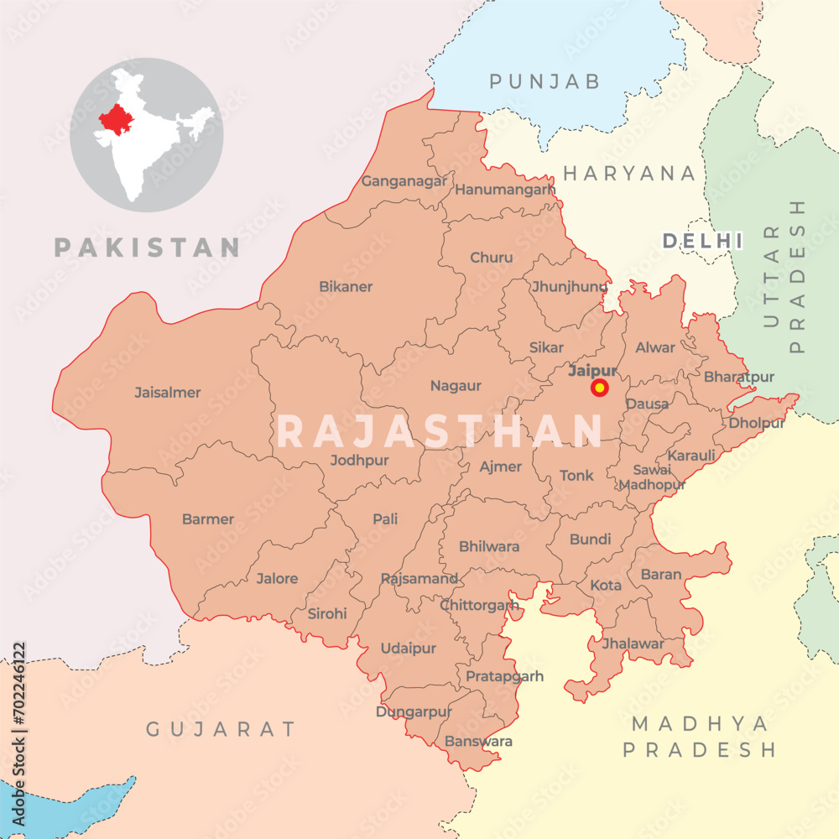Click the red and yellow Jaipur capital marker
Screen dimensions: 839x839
(x=600, y=388)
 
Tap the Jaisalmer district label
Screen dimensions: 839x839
(x=168, y=392)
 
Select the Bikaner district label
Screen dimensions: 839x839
(x=346, y=286)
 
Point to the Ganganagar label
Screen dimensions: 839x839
(x=404, y=180)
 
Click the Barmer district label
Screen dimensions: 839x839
(x=208, y=519)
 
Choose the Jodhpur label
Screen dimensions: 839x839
(x=359, y=460)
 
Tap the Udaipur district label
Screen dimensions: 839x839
(x=409, y=649)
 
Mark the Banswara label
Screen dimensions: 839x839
(x=478, y=742)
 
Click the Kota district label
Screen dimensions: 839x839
(x=606, y=585)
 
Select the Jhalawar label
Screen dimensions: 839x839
(x=633, y=644)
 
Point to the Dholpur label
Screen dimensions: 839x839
(x=757, y=423)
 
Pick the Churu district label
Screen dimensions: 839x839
(x=492, y=258)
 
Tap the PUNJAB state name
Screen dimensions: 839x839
(x=545, y=81)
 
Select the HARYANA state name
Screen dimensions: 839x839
(x=629, y=174)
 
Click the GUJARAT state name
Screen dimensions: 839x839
(x=221, y=729)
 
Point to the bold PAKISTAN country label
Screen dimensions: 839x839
(x=148, y=248)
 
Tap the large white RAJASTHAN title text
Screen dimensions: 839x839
(x=440, y=431)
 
